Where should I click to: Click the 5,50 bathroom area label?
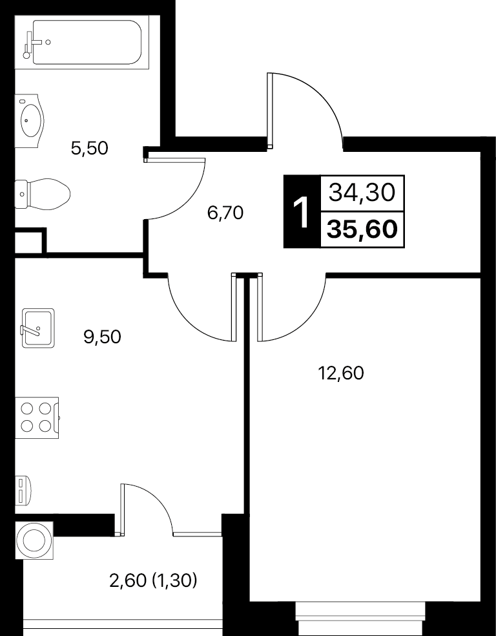(90, 148)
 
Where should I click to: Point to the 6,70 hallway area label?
(225, 213)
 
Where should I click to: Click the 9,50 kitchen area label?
(102, 337)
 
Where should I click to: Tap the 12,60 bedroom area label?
(341, 373)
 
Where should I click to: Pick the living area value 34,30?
(362, 192)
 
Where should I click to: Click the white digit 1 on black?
(302, 211)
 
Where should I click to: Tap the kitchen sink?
(37, 328)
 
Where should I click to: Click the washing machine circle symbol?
(35, 540)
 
